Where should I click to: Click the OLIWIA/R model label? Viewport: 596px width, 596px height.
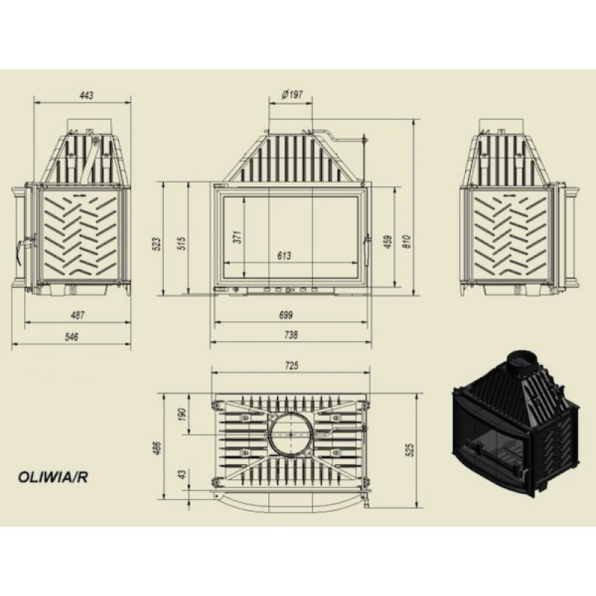click(53, 477)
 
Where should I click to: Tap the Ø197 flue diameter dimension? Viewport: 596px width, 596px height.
click(292, 95)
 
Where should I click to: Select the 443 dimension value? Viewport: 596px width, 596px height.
click(86, 95)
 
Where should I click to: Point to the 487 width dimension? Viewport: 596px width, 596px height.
click(77, 314)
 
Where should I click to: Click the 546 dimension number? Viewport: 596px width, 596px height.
click(72, 337)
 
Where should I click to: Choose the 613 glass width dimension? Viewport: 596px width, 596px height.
click(284, 256)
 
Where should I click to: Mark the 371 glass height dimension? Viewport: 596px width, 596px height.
click(238, 237)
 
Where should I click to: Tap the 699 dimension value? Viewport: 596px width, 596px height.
click(286, 314)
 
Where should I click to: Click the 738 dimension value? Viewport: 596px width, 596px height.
click(291, 335)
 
